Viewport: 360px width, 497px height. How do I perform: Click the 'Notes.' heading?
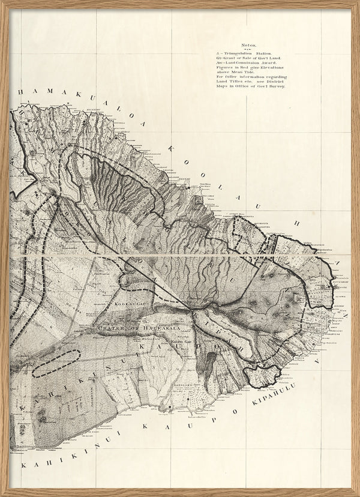click(248, 46)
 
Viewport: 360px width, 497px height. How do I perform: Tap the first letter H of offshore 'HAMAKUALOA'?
click(20, 92)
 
